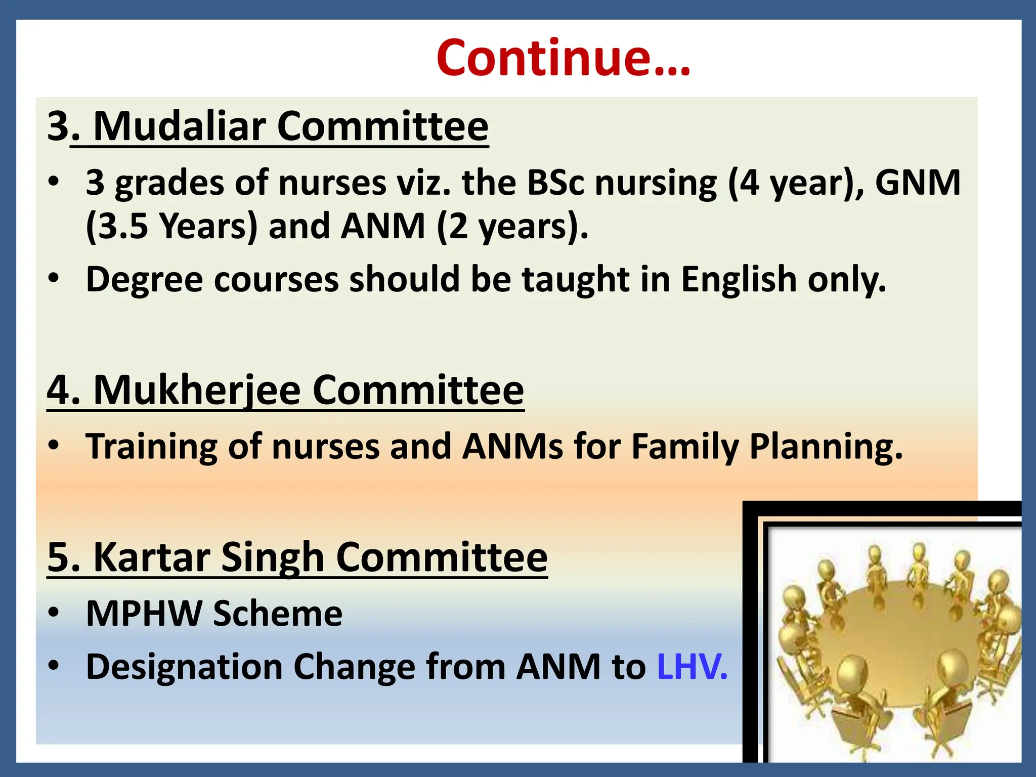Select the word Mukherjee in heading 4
coord(197,391)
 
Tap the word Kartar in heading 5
coord(152,557)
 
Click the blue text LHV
coord(692,667)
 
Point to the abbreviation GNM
coord(917,182)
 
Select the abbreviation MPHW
coord(144,614)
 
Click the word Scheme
coord(277,614)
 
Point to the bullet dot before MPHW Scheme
coord(54,613)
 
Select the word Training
coord(151,447)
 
